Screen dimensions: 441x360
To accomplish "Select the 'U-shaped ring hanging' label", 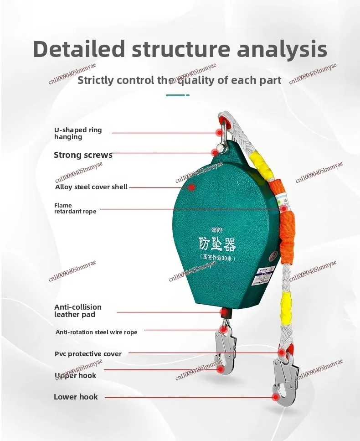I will (x=78, y=133).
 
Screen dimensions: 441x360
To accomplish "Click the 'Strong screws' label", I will (x=83, y=155).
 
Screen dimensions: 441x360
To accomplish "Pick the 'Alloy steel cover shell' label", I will (x=91, y=187).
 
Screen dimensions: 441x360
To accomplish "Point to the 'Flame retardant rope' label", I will (x=75, y=208).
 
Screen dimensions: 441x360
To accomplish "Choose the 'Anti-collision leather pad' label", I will (x=78, y=311).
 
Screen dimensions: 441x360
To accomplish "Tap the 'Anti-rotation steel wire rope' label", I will (x=96, y=332).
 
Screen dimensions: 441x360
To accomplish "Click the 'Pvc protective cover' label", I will (x=88, y=354).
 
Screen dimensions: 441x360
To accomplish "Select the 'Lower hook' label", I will (x=76, y=397).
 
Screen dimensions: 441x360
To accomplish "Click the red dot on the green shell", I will (x=192, y=187).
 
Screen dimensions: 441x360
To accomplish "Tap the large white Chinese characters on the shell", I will (x=216, y=243).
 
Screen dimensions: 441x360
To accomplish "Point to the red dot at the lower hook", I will (x=275, y=397).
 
